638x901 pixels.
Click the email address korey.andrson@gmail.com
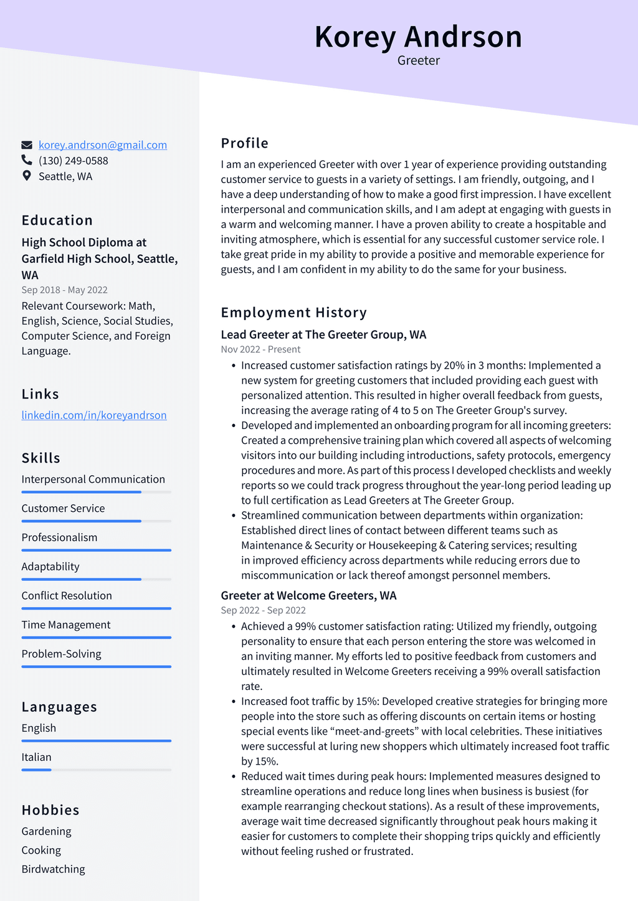103,145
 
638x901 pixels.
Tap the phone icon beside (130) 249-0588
26,161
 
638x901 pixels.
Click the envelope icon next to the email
26,145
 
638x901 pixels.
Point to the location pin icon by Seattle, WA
26,176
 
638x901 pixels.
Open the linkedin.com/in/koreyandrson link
94,415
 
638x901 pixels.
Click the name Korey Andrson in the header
418,37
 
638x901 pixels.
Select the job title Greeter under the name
418,60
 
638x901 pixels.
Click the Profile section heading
244,143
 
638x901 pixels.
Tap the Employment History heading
293,313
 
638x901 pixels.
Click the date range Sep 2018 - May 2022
64,290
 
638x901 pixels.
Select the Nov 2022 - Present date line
260,350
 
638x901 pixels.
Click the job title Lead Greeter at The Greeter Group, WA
323,335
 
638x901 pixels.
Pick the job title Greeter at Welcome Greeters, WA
308,596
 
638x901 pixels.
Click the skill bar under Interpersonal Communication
96,492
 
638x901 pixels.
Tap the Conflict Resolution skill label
67,596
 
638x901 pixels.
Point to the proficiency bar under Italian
96,770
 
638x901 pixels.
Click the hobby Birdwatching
53,869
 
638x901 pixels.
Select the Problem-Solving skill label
61,654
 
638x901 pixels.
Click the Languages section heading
59,707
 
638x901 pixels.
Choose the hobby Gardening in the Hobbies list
46,832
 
